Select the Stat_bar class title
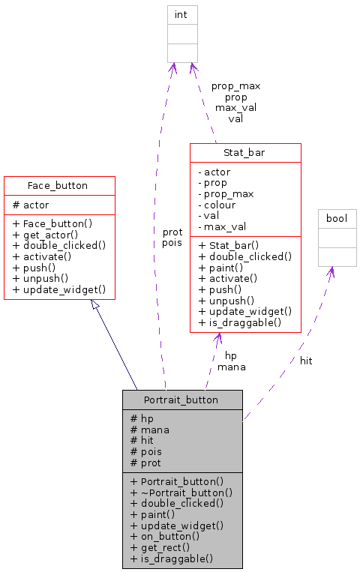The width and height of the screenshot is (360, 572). (x=245, y=153)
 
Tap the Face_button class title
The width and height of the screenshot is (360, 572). (x=58, y=185)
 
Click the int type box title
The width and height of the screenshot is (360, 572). (x=181, y=14)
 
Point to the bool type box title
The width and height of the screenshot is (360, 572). (x=337, y=218)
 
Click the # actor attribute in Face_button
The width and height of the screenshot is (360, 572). (x=31, y=205)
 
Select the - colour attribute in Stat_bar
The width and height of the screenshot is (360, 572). (x=217, y=205)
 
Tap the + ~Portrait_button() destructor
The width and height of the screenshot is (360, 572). (x=181, y=493)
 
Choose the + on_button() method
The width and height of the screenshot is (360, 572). (x=166, y=536)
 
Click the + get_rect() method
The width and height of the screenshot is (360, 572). (x=160, y=547)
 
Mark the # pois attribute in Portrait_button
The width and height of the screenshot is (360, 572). (x=146, y=451)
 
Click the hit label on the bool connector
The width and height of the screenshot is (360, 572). (x=306, y=361)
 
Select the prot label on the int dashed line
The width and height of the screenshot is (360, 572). (x=172, y=232)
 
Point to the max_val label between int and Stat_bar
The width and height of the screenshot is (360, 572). (x=235, y=107)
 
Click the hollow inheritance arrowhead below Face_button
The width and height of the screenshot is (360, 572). (x=94, y=305)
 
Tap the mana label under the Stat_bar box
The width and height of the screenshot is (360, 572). (x=231, y=367)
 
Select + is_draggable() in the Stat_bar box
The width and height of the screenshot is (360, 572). (x=239, y=322)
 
